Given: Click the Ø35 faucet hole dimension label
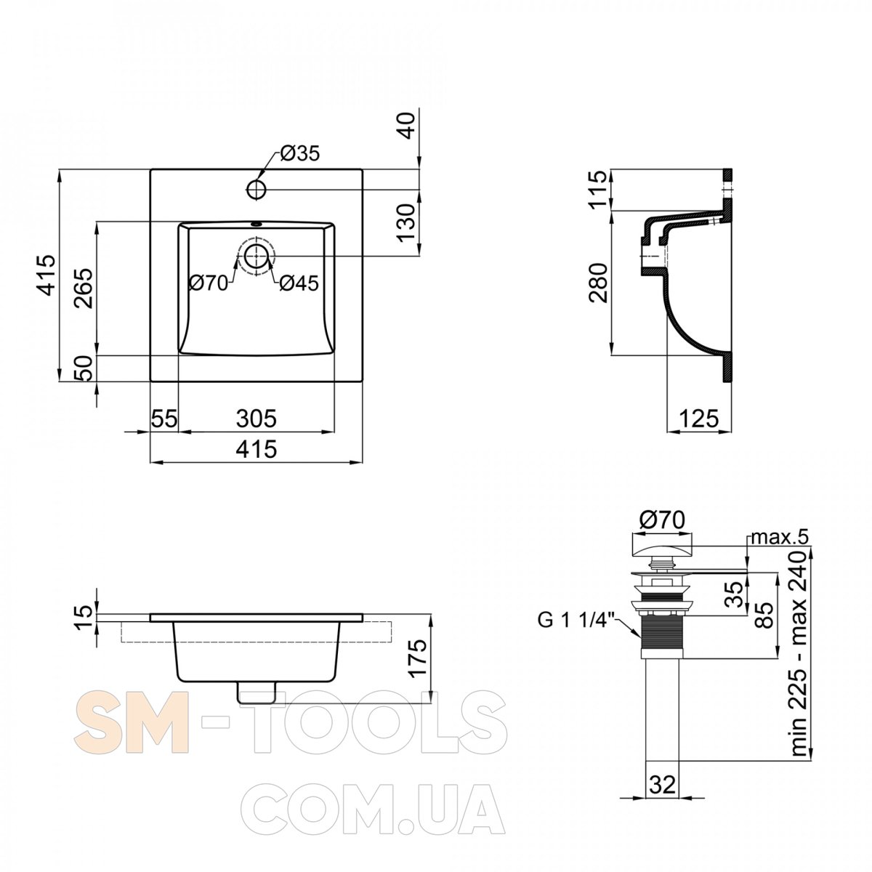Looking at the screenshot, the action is point(299,154).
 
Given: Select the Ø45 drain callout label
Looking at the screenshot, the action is point(299,283).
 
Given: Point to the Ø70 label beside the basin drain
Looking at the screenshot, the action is point(208,283).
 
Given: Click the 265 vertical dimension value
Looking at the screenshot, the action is point(84,288).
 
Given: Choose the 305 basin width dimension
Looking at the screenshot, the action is point(256,419).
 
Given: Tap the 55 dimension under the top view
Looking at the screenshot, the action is point(163,419).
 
